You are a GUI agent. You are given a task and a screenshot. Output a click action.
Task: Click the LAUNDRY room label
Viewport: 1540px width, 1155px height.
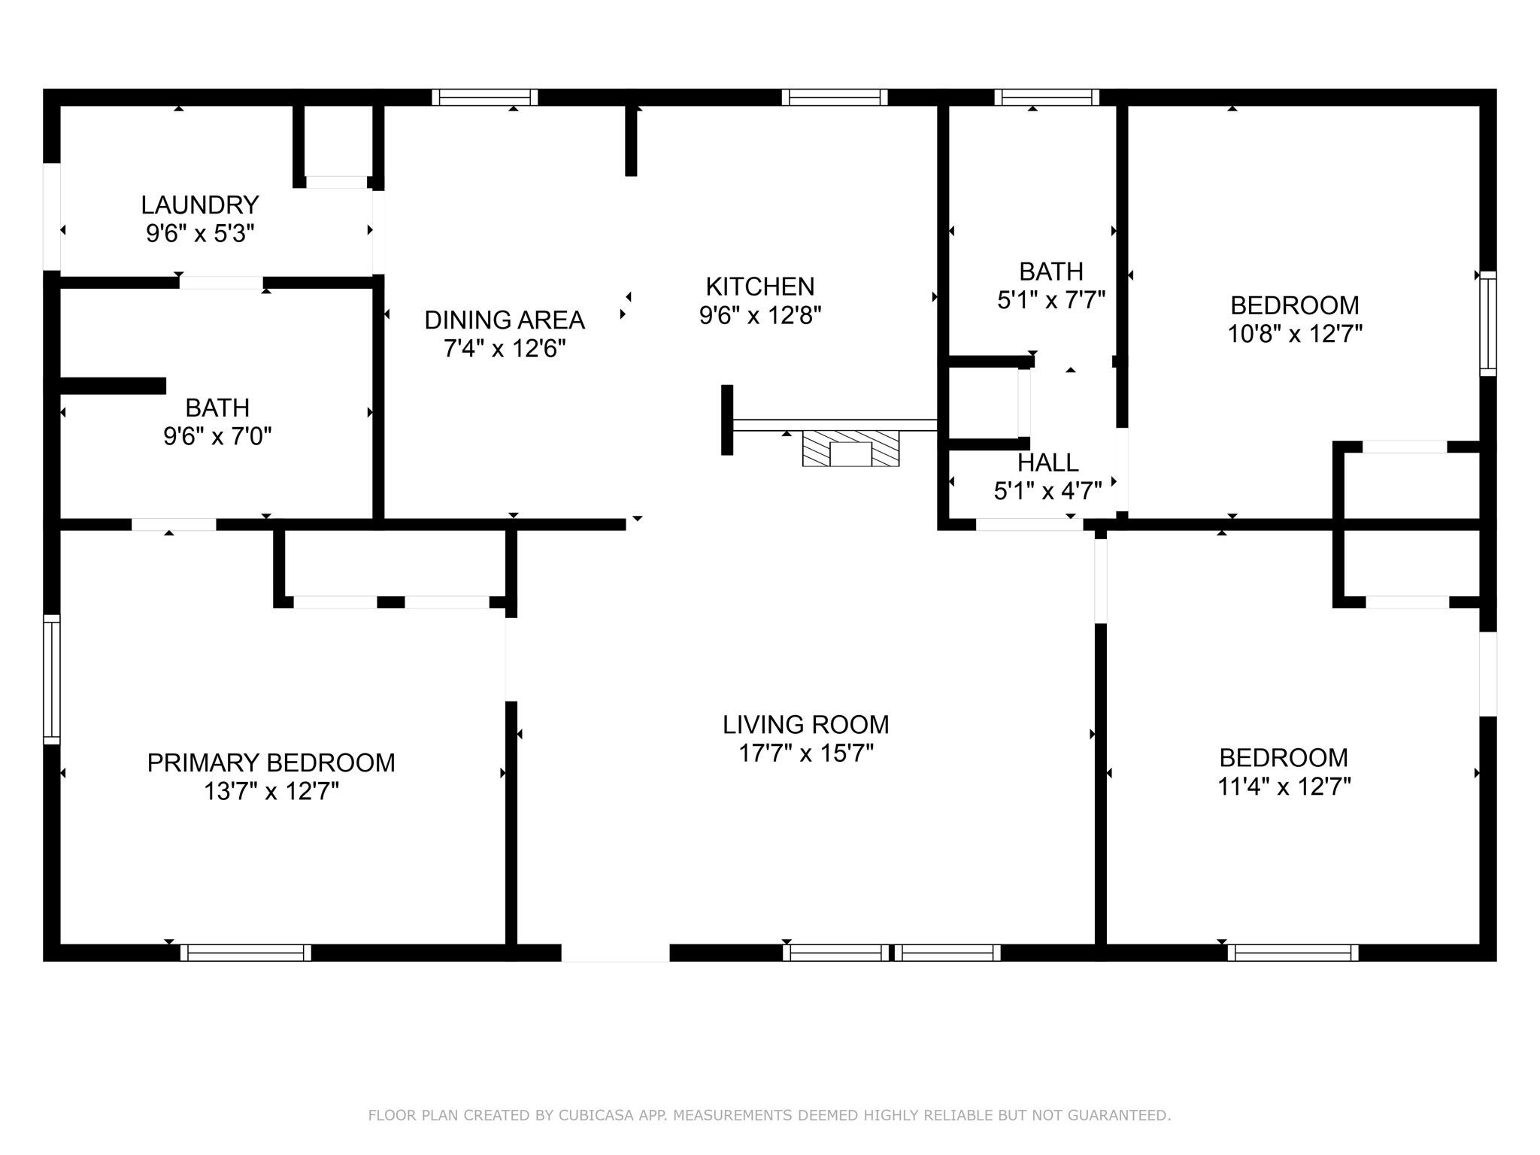(200, 205)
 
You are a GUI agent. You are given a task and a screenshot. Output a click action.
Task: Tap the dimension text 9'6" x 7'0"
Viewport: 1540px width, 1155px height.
(217, 436)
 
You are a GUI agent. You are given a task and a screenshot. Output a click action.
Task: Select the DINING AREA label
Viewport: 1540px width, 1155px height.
(505, 320)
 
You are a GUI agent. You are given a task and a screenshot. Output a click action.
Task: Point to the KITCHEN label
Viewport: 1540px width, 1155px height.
(760, 286)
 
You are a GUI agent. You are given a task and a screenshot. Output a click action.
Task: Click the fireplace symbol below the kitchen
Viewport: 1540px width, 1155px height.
(850, 449)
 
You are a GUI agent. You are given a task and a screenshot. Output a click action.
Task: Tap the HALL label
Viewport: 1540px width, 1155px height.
(1048, 462)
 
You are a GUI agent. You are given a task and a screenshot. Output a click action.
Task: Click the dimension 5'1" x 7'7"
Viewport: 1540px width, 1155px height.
(1051, 301)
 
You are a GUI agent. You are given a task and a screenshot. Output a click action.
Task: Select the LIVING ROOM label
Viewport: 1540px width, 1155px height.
(806, 725)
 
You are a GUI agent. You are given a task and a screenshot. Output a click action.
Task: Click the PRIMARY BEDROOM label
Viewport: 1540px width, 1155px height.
(271, 763)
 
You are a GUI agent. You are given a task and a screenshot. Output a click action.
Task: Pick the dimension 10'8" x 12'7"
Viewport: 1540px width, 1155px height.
(1295, 334)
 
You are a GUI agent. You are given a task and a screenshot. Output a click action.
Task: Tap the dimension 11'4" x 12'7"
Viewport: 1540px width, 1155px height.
(1284, 787)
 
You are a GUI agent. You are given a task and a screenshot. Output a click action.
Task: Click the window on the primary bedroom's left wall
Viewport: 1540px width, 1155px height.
(51, 679)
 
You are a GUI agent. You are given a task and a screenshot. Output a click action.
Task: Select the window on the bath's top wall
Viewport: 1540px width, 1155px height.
(1047, 97)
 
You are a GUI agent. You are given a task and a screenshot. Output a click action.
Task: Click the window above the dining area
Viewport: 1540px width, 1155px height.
(485, 97)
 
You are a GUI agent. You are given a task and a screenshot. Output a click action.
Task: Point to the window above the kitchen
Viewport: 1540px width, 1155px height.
(835, 97)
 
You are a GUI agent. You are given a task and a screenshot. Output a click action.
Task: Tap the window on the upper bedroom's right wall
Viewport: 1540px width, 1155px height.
(1488, 323)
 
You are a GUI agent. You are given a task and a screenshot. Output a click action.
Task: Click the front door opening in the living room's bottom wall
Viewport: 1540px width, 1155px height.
(615, 953)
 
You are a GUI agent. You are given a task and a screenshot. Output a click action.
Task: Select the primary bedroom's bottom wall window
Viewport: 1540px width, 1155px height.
(245, 953)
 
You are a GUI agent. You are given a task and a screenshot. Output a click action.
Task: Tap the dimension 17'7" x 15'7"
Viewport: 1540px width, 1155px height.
(806, 753)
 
